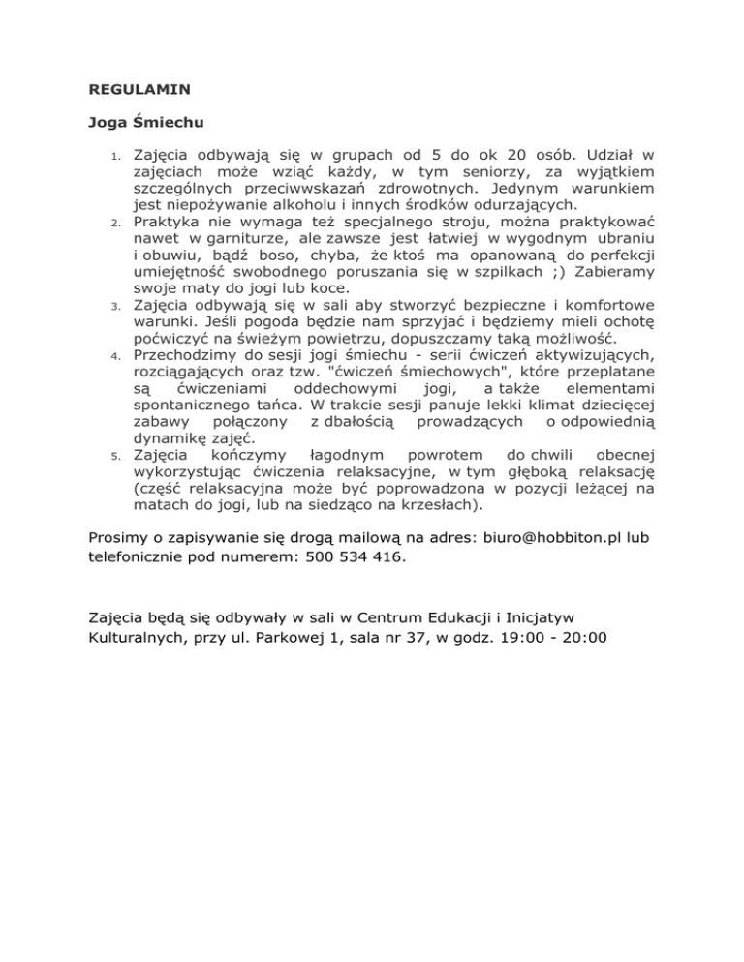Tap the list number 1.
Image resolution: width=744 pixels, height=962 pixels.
114,157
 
